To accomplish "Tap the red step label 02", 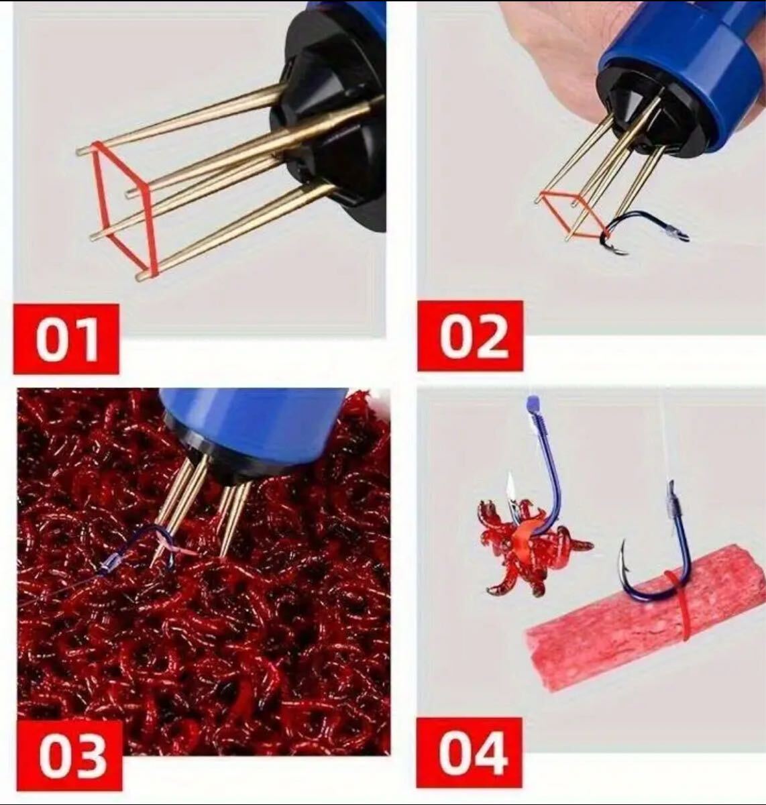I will [x=470, y=335].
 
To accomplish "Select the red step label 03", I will [x=70, y=755].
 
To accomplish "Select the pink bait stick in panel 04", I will [x=644, y=617].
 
